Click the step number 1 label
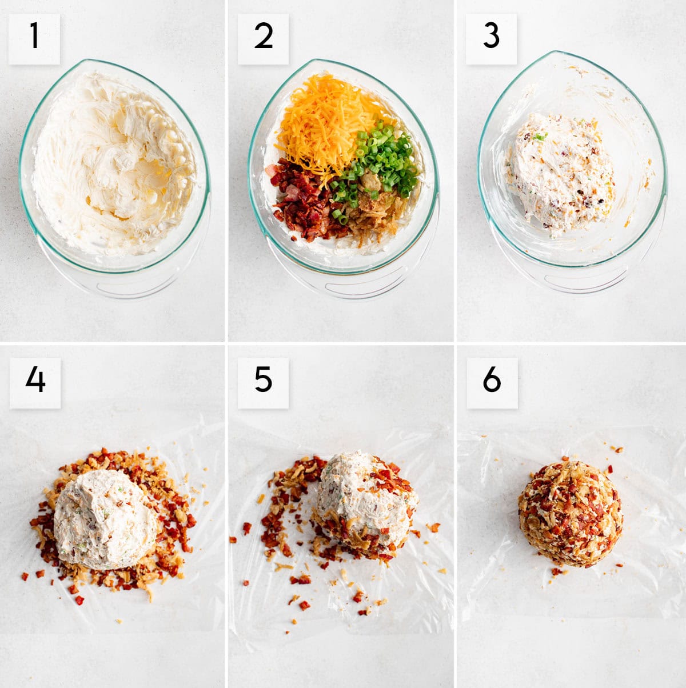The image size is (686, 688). [34, 38]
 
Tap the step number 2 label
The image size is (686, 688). [263, 38]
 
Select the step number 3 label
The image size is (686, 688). [491, 38]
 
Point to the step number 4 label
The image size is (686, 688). [35, 382]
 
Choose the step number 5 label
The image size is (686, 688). [263, 382]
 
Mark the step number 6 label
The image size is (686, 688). [492, 382]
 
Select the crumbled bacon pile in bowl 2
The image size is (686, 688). [300, 200]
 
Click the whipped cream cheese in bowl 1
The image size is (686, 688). [114, 166]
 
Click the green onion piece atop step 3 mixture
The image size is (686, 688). [539, 137]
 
